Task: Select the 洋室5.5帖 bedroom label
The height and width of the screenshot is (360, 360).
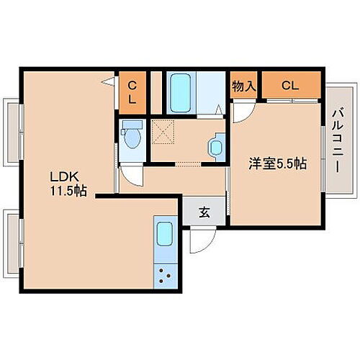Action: [277, 164]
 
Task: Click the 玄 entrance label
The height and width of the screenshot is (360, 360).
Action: [204, 212]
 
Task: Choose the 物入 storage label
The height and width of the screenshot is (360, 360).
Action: [244, 86]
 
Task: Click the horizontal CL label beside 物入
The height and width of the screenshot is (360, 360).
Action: [289, 86]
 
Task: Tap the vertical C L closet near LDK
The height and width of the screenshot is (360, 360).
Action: [132, 93]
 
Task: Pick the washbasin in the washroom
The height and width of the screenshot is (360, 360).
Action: [216, 147]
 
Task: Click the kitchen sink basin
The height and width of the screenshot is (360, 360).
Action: [166, 235]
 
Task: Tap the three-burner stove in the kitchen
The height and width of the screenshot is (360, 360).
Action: [165, 274]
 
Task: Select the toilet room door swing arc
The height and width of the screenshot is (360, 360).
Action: [131, 175]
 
